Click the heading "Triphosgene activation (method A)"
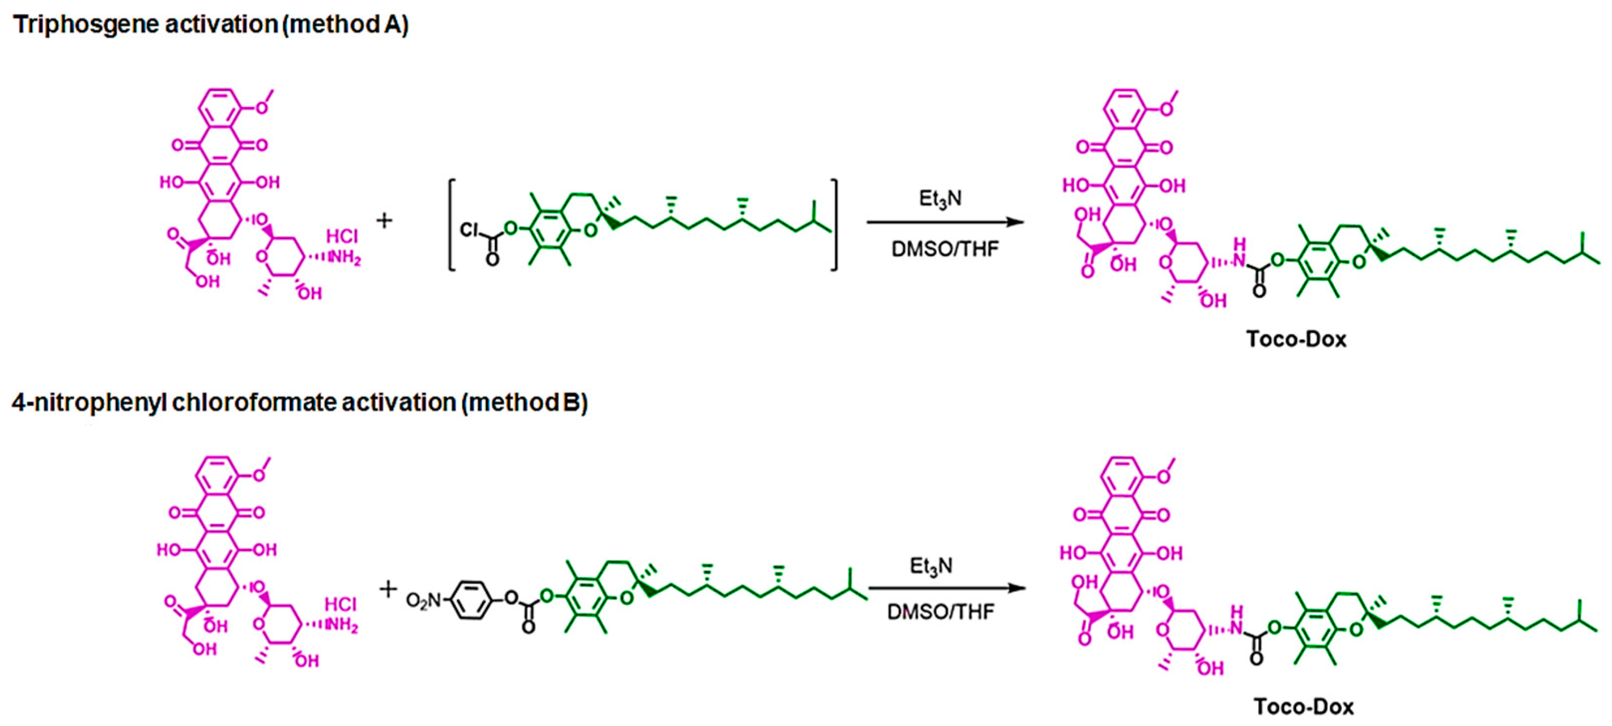(210, 25)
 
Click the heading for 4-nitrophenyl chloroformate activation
(299, 403)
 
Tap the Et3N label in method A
(940, 199)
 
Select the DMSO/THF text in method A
(945, 249)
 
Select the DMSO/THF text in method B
(940, 612)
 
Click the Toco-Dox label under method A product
(1296, 339)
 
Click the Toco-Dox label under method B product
(1304, 707)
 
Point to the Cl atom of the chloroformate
(469, 230)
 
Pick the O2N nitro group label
(424, 601)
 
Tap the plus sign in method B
(388, 588)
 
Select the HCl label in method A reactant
(342, 236)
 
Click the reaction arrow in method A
(945, 222)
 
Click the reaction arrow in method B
(946, 588)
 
